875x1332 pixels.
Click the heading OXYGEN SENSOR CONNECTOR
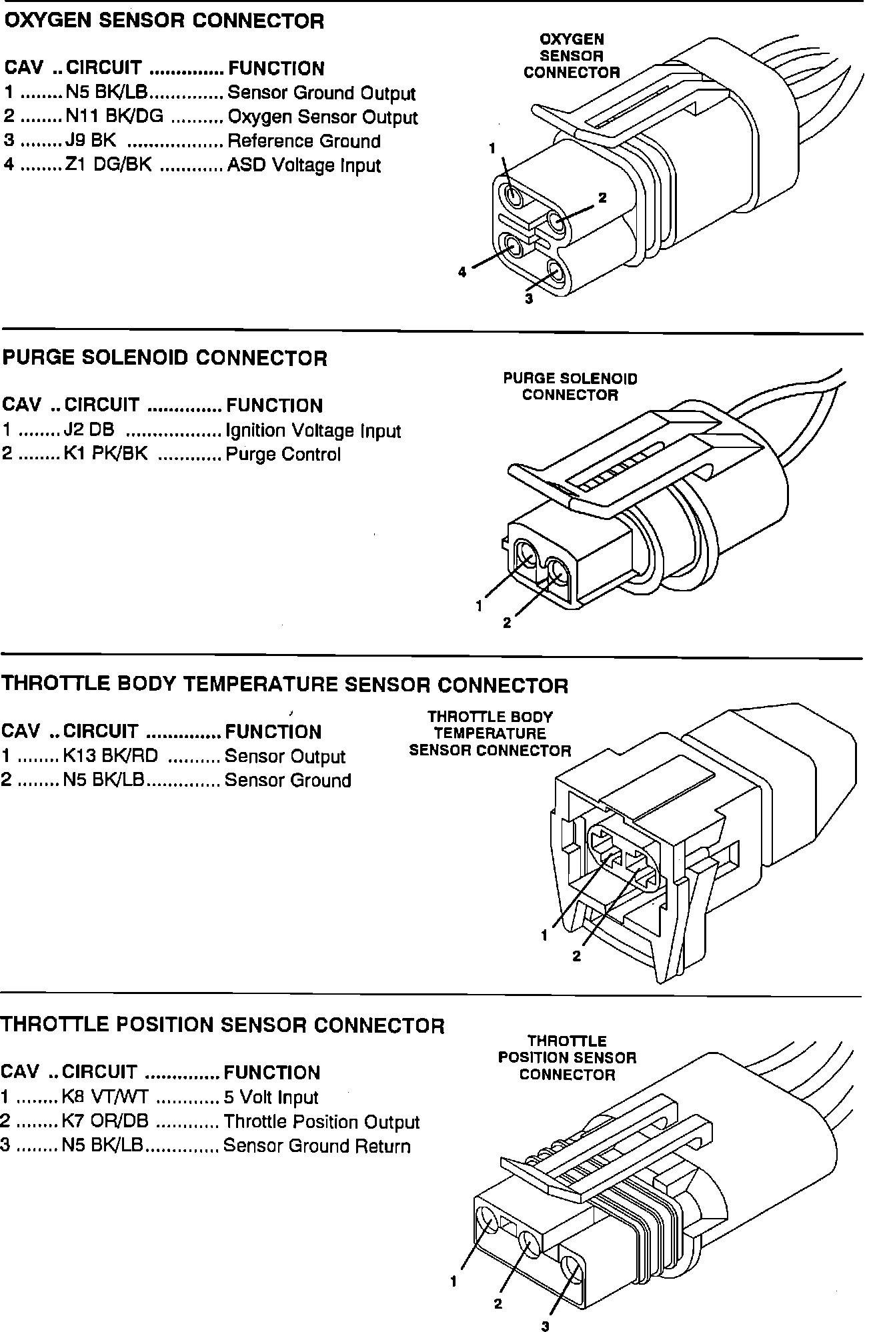tap(164, 21)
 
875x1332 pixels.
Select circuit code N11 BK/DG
tap(114, 117)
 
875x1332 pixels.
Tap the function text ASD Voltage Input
tap(304, 165)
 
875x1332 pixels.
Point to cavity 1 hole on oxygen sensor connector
tap(514, 196)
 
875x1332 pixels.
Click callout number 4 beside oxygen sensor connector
tap(462, 272)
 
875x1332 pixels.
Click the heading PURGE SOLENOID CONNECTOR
tap(165, 358)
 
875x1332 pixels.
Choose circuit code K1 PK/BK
tap(105, 454)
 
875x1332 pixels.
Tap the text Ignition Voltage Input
tap(313, 431)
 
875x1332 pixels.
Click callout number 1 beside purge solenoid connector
tap(479, 606)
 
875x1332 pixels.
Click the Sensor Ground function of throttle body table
tap(287, 781)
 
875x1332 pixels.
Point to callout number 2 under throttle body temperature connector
tap(577, 956)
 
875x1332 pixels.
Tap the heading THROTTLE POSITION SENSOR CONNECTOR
tap(223, 1025)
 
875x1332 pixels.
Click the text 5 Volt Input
tap(271, 1098)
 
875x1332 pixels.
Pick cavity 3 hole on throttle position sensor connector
tap(571, 1268)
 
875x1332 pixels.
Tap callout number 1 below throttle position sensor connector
tap(454, 1281)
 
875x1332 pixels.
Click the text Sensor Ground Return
tap(317, 1146)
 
